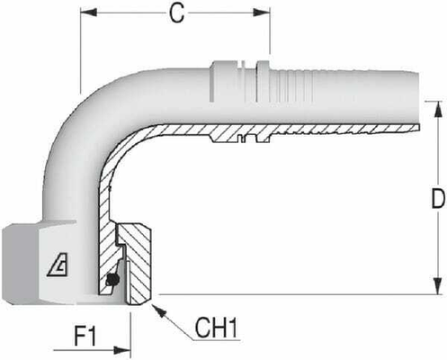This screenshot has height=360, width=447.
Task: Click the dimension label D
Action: [436, 202]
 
